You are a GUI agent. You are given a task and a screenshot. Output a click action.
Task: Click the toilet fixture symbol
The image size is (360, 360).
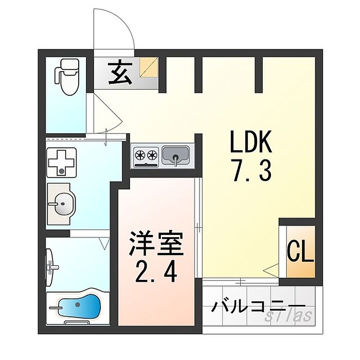point(66,77)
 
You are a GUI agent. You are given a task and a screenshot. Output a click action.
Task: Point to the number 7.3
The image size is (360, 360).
point(250,171)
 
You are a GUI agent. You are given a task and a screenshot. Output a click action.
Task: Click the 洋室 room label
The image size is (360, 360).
point(156,244)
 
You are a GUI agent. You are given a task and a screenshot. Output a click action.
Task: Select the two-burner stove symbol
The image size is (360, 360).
point(146,154)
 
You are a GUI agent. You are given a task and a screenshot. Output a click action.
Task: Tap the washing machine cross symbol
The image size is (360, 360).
point(61,162)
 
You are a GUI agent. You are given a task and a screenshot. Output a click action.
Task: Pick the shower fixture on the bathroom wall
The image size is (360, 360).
point(51,265)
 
